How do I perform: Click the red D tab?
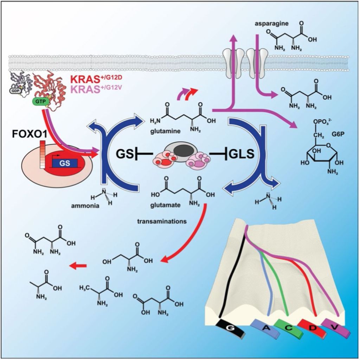pos(311,329)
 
